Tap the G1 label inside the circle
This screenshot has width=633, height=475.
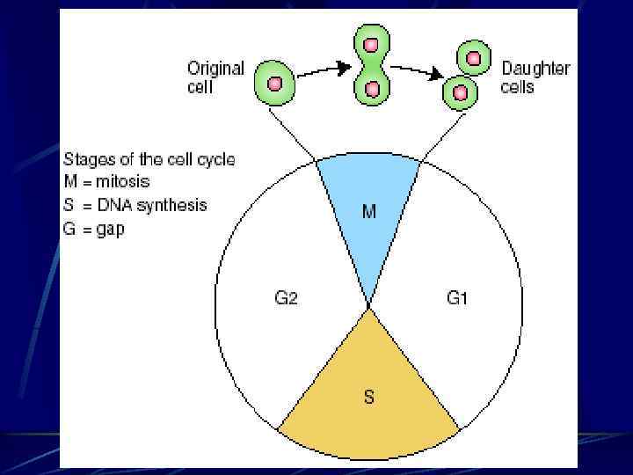click(457, 298)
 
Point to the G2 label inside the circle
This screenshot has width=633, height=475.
click(287, 298)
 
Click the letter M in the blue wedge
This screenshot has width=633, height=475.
click(369, 212)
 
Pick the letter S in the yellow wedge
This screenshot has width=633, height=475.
click(369, 397)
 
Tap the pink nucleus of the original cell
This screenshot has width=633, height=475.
click(274, 83)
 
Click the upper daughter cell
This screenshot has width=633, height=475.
click(475, 57)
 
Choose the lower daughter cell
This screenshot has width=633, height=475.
click(459, 90)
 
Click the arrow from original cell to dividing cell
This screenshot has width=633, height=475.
click(322, 70)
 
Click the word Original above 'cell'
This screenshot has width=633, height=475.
click(215, 69)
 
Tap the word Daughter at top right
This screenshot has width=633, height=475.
click(535, 69)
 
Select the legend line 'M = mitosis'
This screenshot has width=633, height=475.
click(106, 182)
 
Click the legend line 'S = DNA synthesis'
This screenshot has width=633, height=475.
click(135, 205)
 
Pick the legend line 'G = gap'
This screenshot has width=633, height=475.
click(93, 229)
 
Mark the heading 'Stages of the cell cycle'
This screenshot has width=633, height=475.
click(149, 160)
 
